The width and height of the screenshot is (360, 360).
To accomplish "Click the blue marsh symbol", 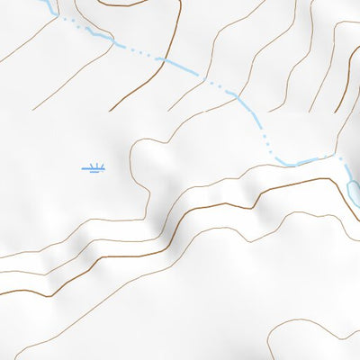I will click(94, 166).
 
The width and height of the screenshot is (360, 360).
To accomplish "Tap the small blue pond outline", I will click(354, 190).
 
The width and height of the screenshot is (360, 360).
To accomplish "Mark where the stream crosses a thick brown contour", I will click(161, 59).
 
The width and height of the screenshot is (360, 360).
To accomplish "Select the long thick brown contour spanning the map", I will click(180, 222).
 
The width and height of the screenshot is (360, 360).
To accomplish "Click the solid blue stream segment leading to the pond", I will click(315, 161).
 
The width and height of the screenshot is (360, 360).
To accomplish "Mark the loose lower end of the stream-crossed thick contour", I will click(111, 111).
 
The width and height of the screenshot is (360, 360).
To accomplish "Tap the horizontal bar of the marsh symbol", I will click(94, 169).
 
